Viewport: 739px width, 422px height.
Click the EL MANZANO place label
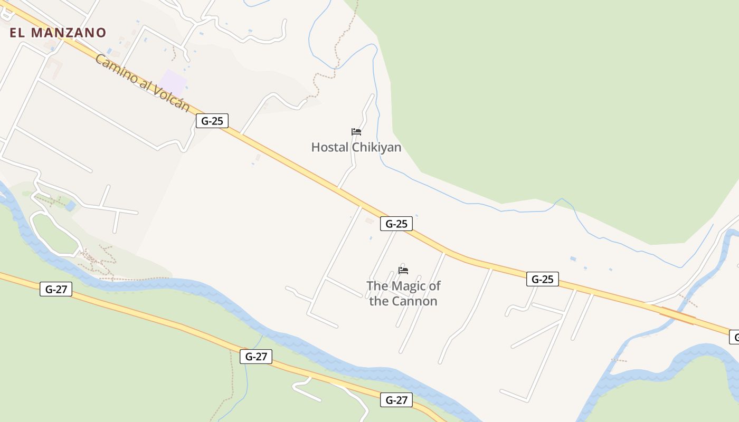(58, 33)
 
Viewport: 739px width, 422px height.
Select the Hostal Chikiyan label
(356, 147)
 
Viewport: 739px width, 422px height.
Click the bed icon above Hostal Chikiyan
(356, 131)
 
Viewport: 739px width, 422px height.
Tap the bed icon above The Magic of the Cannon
(403, 270)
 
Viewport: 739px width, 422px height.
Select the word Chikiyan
(377, 147)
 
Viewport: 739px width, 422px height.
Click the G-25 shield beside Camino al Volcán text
(212, 121)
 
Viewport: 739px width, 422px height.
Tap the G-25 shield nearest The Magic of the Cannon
(396, 224)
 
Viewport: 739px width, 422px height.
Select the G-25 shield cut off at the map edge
(734, 337)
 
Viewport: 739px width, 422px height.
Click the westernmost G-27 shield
(56, 289)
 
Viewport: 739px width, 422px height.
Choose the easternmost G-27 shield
(396, 400)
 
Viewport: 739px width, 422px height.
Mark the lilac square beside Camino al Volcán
(174, 82)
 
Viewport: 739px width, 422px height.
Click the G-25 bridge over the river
(678, 315)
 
